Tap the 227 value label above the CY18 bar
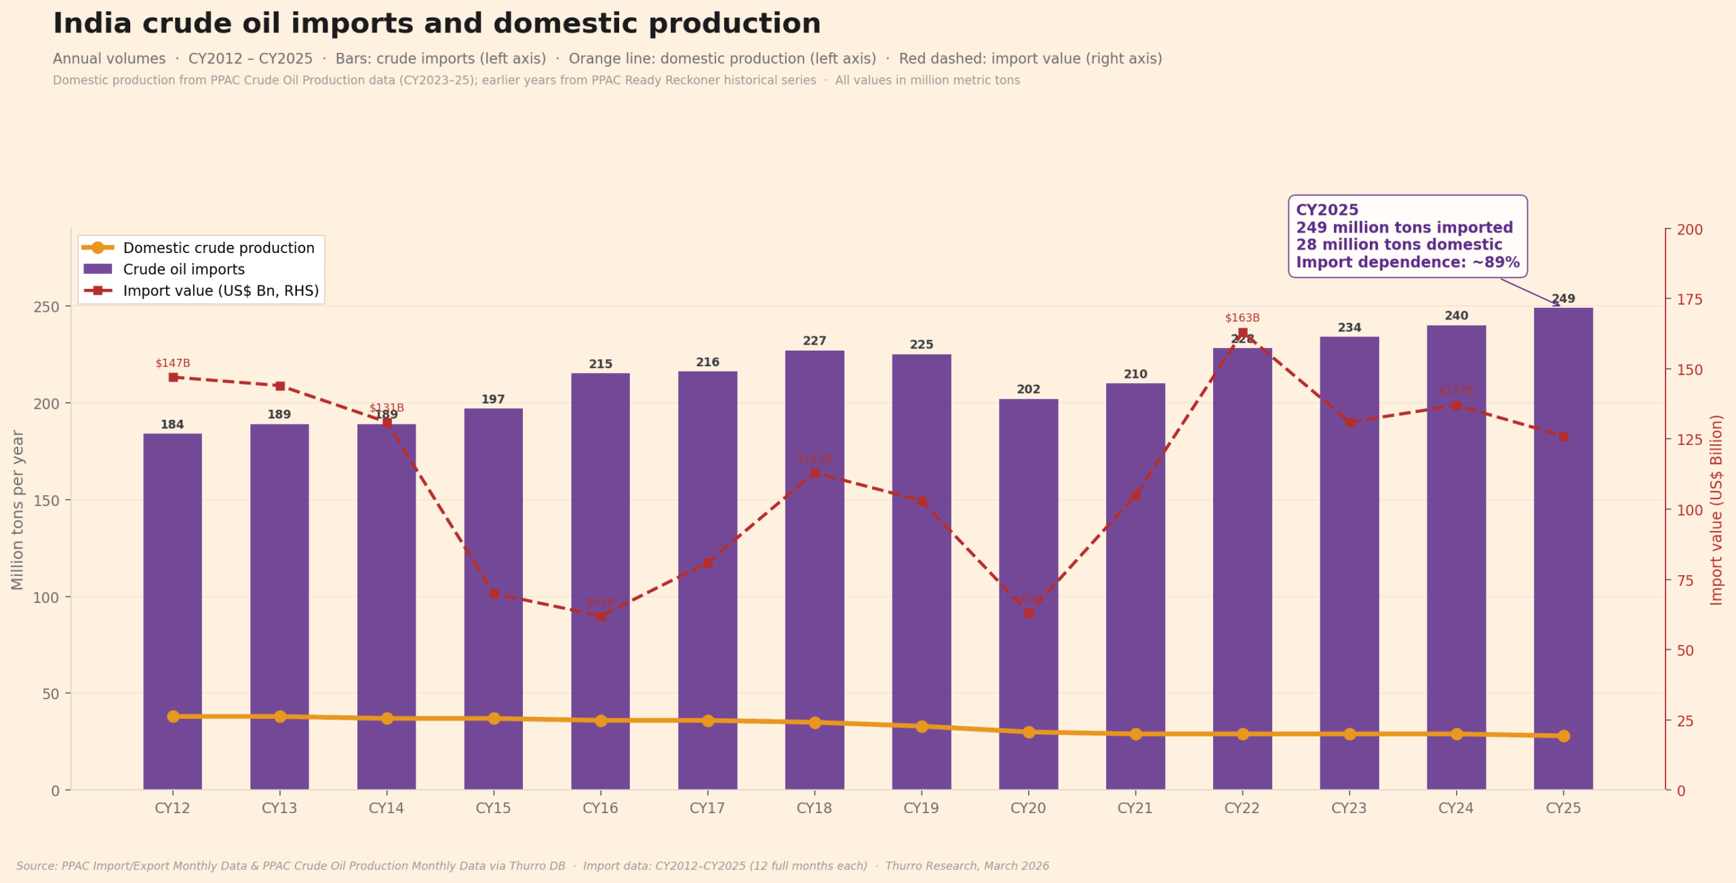pyautogui.click(x=814, y=340)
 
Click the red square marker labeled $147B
pyautogui.click(x=173, y=377)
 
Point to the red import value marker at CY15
pyautogui.click(x=494, y=593)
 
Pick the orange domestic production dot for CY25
pyautogui.click(x=1563, y=736)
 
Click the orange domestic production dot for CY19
pyautogui.click(x=922, y=726)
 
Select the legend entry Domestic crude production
pyautogui.click(x=218, y=248)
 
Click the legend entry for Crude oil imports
pyautogui.click(x=183, y=269)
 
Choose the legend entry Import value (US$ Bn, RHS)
pyautogui.click(x=220, y=291)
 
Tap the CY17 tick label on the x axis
pyautogui.click(x=707, y=808)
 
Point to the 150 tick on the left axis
pyautogui.click(x=46, y=501)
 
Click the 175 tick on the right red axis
pyautogui.click(x=1689, y=299)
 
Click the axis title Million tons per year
pyautogui.click(x=18, y=509)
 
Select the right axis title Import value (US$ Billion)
pyautogui.click(x=1716, y=509)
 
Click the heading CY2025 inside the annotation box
pyautogui.click(x=1327, y=210)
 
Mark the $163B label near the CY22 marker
pyautogui.click(x=1242, y=317)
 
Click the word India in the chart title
pyautogui.click(x=92, y=24)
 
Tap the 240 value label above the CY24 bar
pyautogui.click(x=1456, y=315)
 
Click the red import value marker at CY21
pyautogui.click(x=1135, y=496)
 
